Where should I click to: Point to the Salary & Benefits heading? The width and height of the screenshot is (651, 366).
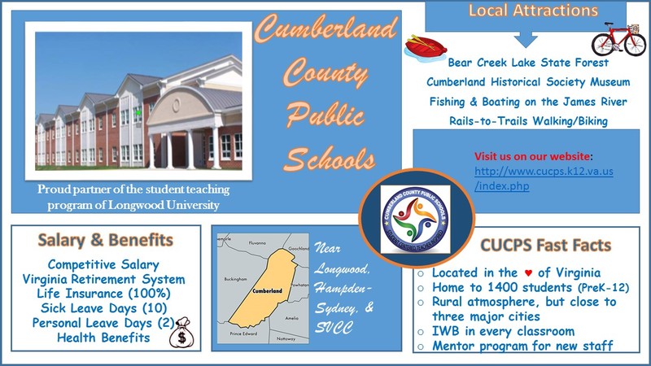tap(105, 241)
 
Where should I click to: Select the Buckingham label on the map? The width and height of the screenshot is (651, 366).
tap(234, 279)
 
